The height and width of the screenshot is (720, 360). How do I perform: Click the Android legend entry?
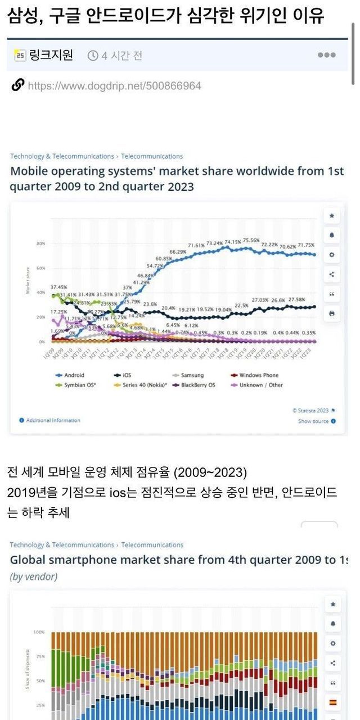[73, 375]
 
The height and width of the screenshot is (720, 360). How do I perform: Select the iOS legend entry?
[128, 375]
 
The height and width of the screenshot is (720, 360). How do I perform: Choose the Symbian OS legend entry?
[78, 385]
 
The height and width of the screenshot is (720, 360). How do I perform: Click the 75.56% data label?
[251, 240]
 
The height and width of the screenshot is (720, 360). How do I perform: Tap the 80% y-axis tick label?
[41, 244]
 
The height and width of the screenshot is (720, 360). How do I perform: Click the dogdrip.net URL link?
[114, 85]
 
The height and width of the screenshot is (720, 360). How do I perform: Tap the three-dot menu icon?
[326, 55]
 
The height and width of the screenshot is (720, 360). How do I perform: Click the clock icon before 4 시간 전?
[93, 55]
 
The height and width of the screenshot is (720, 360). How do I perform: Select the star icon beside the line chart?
[332, 215]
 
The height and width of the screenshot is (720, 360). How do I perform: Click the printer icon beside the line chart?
[332, 313]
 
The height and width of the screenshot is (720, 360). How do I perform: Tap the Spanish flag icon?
[332, 702]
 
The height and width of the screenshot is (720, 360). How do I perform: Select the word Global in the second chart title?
[29, 560]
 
